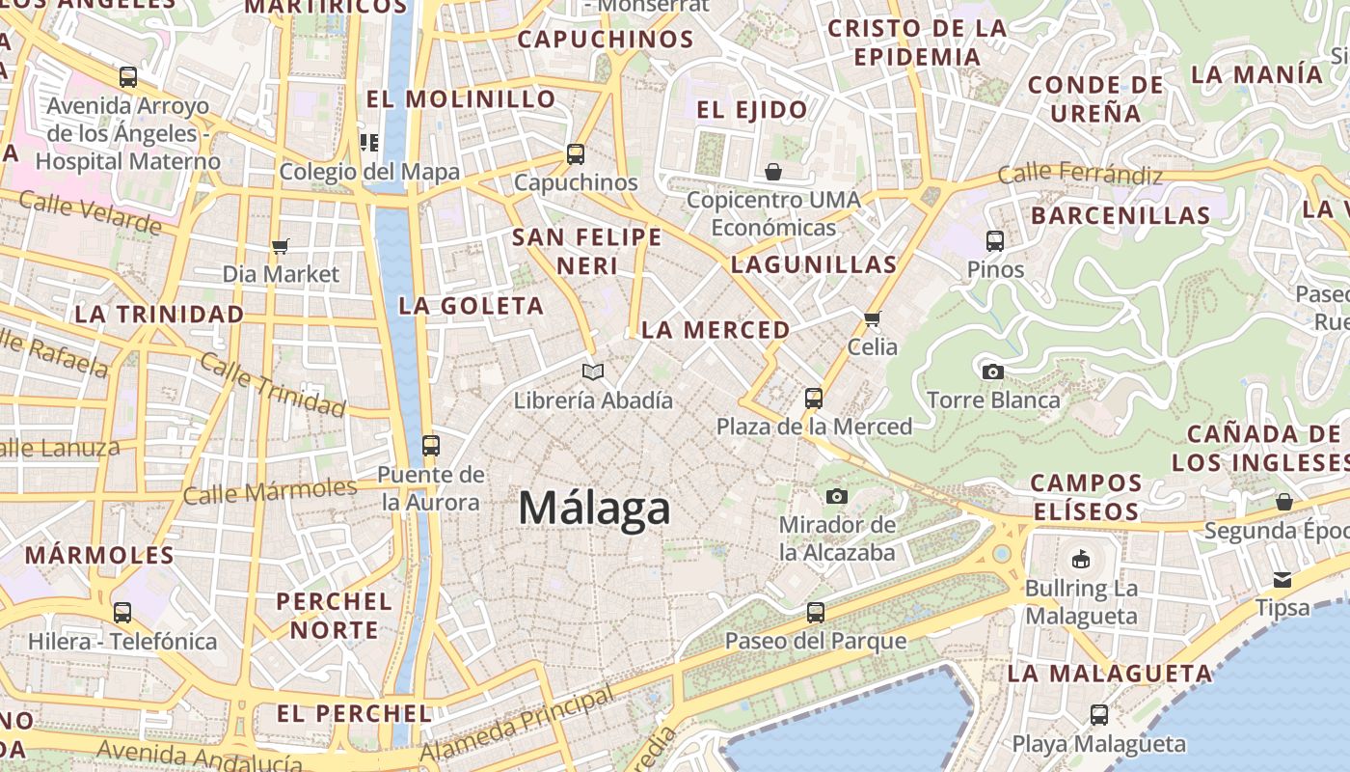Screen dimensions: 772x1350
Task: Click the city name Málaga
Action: point(594,508)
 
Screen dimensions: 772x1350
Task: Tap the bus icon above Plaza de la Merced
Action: point(814,398)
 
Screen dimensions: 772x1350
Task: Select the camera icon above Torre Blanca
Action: point(992,372)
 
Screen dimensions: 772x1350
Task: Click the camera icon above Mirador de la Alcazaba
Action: point(837,496)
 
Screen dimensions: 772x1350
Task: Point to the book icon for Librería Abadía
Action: point(593,372)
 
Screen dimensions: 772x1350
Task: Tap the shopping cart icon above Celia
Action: point(873,318)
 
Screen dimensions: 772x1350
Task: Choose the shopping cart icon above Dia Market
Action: point(281,246)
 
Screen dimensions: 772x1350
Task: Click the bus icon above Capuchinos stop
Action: point(576,154)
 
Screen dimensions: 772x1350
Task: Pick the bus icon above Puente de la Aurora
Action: point(430,446)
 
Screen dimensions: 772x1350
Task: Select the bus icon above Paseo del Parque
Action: point(816,612)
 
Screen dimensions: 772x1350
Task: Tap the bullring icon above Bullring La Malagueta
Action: point(1081,560)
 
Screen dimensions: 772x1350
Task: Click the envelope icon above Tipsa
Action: point(1282,580)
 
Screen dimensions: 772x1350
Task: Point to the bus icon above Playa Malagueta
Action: point(1098,715)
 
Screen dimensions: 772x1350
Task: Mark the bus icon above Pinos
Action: point(995,241)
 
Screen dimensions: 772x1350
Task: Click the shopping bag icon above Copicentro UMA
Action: point(772,172)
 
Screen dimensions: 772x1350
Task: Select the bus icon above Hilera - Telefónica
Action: point(122,612)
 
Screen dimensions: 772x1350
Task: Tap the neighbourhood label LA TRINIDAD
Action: point(159,315)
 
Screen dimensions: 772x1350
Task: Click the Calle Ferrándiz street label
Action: point(1080,175)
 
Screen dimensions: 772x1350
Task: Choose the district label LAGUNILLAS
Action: point(814,264)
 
